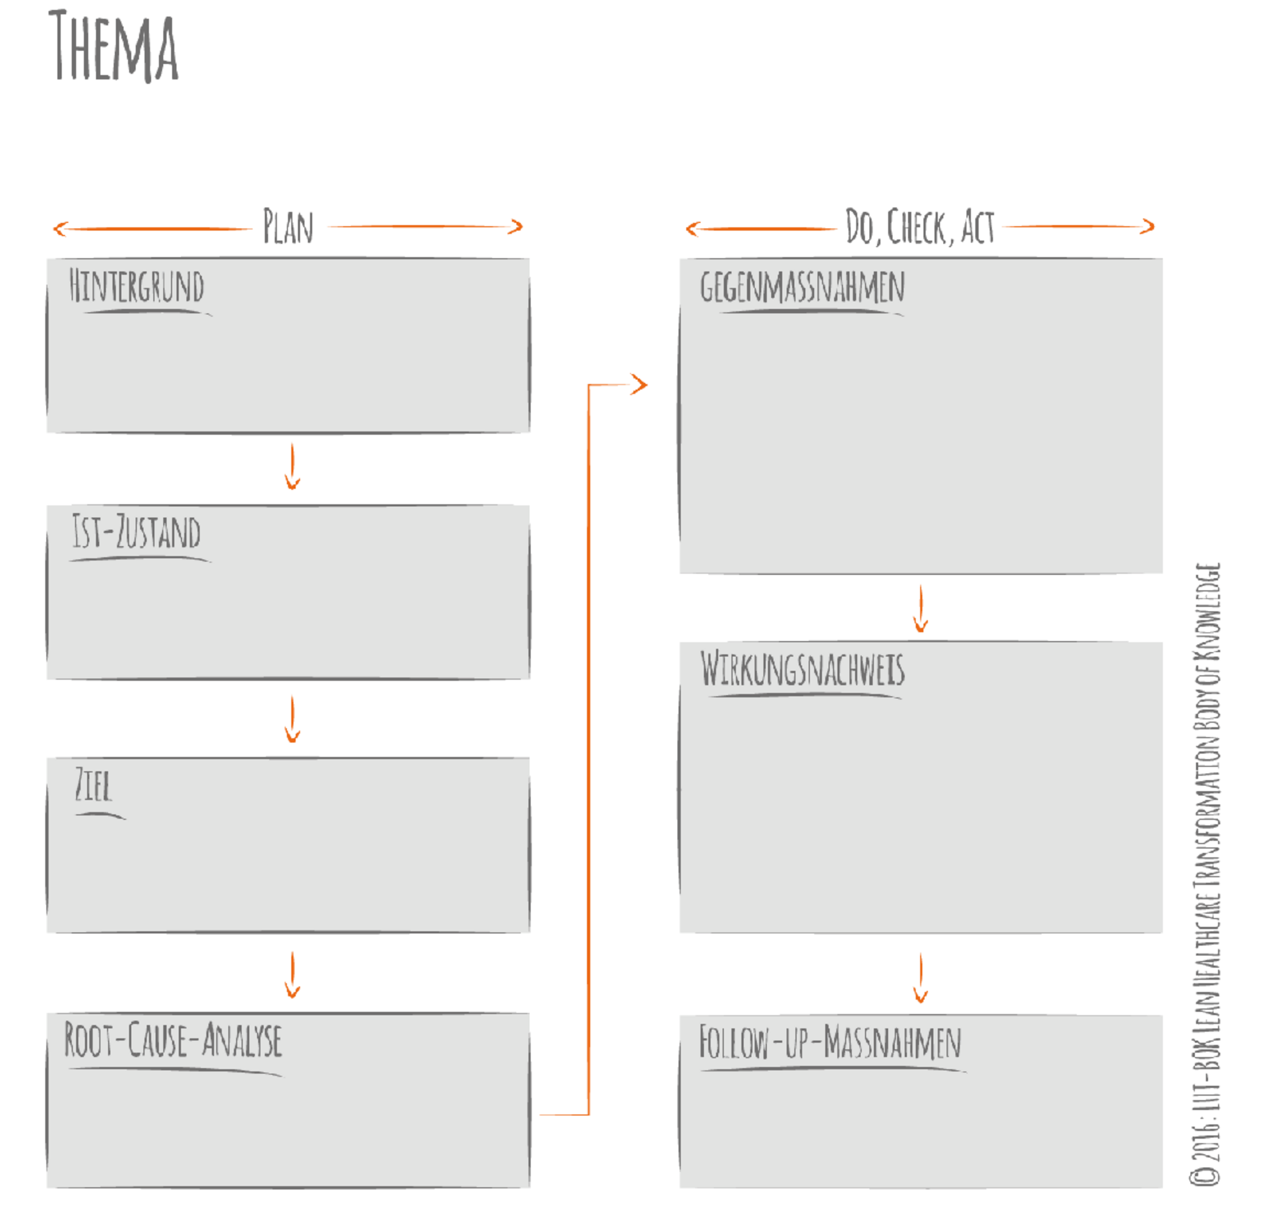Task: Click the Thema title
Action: tap(114, 47)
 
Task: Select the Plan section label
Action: tap(288, 226)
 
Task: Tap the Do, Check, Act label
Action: tap(919, 227)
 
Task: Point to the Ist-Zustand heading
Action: tap(136, 532)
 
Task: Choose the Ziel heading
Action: tap(93, 785)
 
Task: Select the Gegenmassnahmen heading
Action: tap(802, 287)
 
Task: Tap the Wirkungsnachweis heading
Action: tap(802, 669)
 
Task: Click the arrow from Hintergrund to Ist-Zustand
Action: tap(292, 467)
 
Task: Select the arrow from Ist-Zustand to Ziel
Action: tap(292, 720)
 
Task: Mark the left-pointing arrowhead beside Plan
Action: tap(60, 229)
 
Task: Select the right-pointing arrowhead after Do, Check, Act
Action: tap(1148, 226)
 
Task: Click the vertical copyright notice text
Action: tap(1205, 875)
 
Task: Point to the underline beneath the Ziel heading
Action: tap(100, 815)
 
